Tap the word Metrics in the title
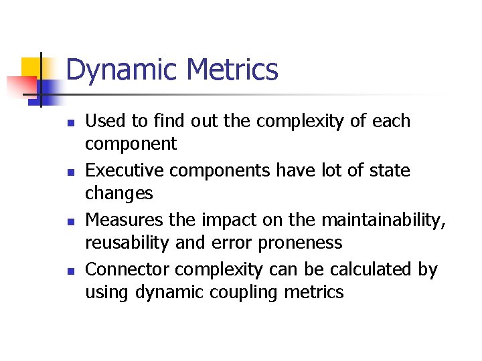(x=233, y=70)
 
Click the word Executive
(x=125, y=170)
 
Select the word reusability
(x=127, y=243)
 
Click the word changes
(x=118, y=194)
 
